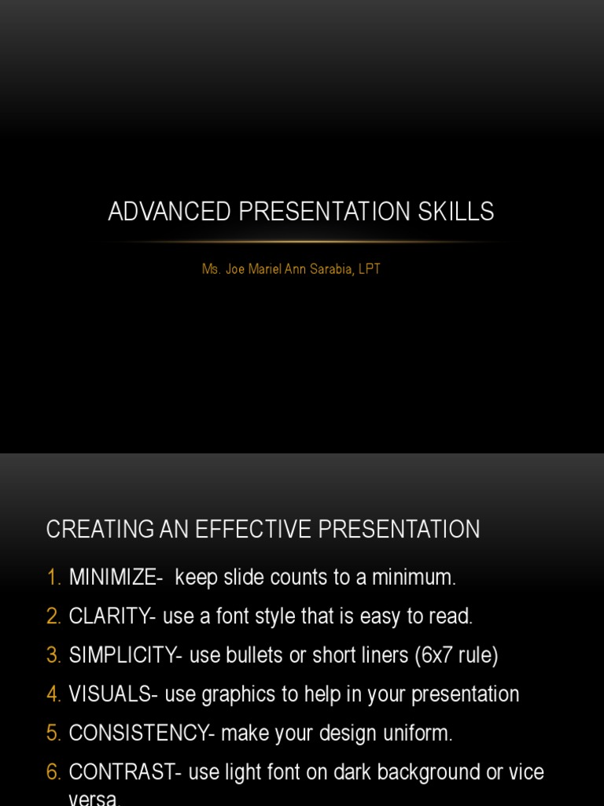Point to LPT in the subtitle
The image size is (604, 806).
(x=370, y=269)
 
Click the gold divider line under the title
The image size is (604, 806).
(x=302, y=241)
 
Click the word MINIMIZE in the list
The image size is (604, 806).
(x=115, y=577)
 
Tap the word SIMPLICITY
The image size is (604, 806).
(x=124, y=655)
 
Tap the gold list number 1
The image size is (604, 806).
(x=53, y=577)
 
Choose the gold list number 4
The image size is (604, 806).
(x=53, y=694)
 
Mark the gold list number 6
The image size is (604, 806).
(x=53, y=772)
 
